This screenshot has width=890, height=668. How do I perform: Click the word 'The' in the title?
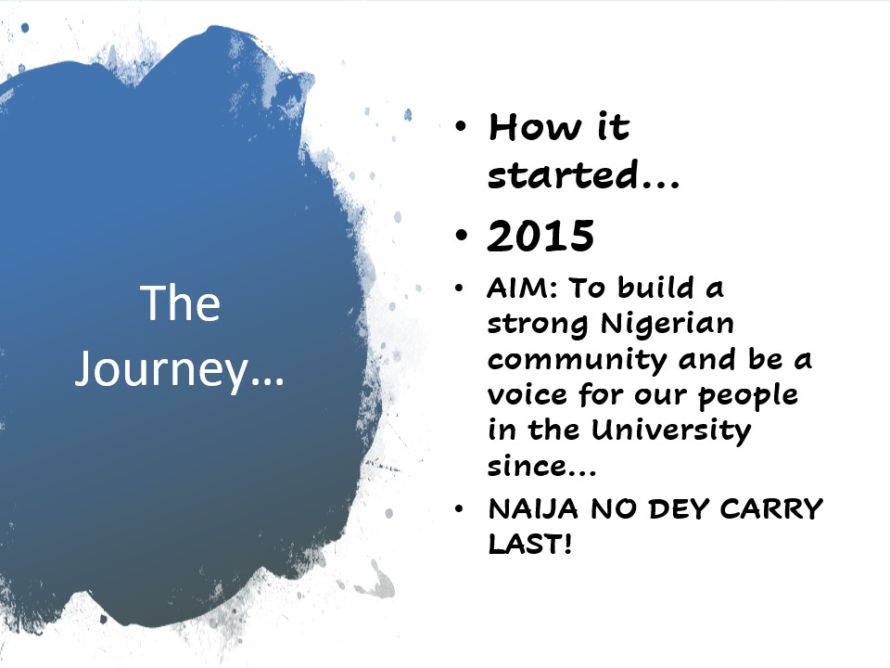pos(180,303)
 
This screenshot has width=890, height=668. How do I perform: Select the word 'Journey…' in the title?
pos(179,370)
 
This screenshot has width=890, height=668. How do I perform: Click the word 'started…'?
pos(583,174)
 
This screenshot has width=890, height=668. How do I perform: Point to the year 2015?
pos(540,236)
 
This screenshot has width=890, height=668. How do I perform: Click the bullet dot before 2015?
pos(463,235)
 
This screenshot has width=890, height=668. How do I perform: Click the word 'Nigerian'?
pos(667,325)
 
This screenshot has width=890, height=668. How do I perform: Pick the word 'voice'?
pos(527,395)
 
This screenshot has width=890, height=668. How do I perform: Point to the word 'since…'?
pos(541,467)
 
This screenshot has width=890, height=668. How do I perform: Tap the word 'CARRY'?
pos(770,509)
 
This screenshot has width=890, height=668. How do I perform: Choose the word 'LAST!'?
pos(530,545)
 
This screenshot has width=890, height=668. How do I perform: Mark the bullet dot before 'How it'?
pos(462,125)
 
